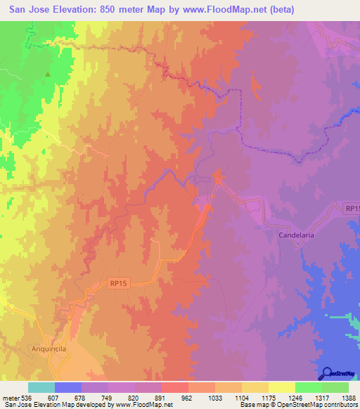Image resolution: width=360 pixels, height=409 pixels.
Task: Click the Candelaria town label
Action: [296, 235]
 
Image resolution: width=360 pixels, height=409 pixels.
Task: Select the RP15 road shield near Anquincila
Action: [119, 283]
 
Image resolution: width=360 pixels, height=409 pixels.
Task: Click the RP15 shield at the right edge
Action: [352, 209]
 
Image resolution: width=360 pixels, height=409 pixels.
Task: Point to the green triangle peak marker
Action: [48, 74]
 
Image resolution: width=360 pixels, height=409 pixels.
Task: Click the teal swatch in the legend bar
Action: [41, 387]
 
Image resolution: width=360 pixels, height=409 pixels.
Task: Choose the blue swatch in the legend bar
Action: [68, 387]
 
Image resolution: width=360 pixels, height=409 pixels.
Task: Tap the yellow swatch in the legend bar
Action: [281, 387]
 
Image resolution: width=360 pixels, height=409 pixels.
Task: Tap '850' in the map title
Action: [112, 9]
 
